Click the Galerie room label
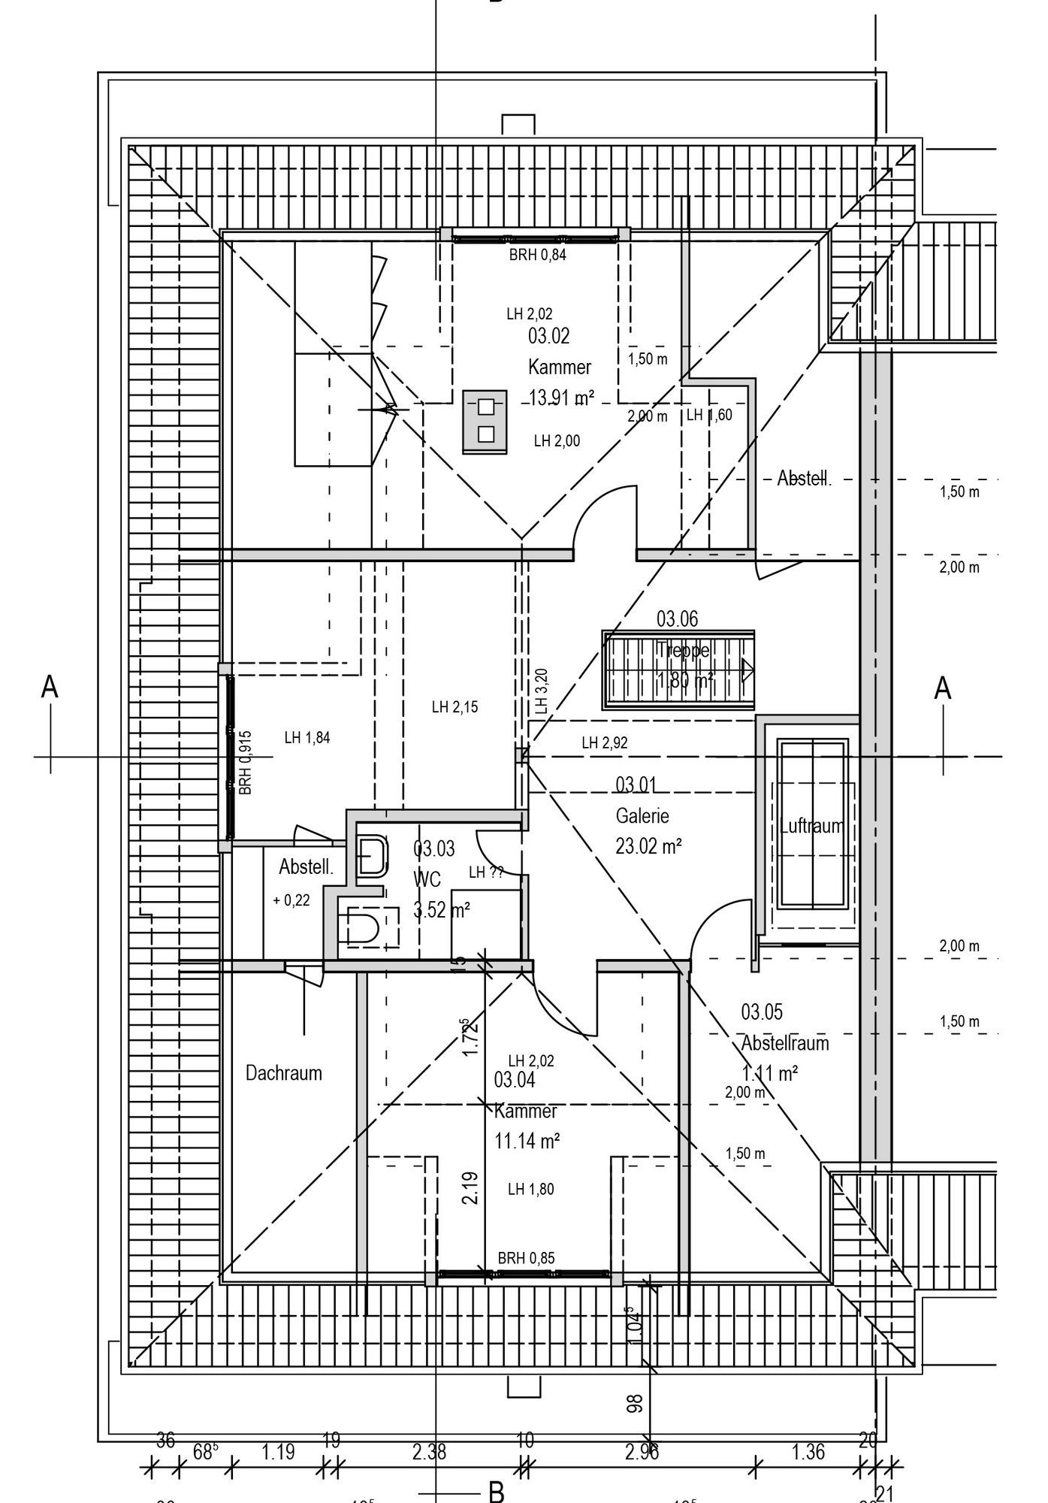tap(642, 815)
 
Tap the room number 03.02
tap(549, 336)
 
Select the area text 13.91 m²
tap(561, 398)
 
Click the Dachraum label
tap(284, 1073)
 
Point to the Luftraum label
tap(811, 826)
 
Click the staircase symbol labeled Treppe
tap(678, 670)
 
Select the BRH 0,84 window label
tap(537, 255)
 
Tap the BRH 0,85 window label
tap(526, 1258)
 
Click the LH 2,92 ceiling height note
tap(605, 743)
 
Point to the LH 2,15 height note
tap(455, 707)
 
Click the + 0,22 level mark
tap(291, 900)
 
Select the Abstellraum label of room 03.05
tap(785, 1043)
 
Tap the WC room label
tap(427, 879)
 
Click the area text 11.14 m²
tap(527, 1141)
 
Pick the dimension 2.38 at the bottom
tap(429, 1453)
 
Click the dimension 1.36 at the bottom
tap(808, 1453)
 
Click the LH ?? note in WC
tap(486, 872)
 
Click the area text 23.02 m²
tap(648, 847)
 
